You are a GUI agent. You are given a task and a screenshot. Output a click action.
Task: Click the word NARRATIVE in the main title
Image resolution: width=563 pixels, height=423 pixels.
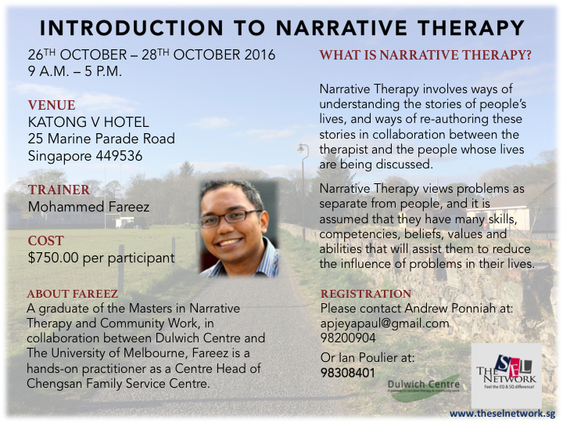pyautogui.click(x=342, y=27)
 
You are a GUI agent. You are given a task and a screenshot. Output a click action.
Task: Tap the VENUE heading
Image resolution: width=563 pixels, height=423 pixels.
pyautogui.click(x=52, y=106)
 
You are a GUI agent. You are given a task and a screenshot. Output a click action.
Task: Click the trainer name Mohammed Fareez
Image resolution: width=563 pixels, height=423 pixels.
pyautogui.click(x=88, y=207)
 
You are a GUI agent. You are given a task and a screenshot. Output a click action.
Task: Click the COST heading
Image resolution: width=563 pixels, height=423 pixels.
pyautogui.click(x=46, y=240)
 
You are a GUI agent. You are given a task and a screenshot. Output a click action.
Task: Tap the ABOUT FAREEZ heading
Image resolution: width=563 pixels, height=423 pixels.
pyautogui.click(x=73, y=294)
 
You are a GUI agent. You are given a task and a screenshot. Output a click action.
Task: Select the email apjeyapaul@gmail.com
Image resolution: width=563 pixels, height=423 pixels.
pyautogui.click(x=385, y=324)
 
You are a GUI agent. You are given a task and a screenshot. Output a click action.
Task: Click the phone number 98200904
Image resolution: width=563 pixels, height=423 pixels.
pyautogui.click(x=348, y=338)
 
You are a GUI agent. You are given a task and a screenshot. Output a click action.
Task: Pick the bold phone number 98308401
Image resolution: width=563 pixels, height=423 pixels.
pyautogui.click(x=348, y=373)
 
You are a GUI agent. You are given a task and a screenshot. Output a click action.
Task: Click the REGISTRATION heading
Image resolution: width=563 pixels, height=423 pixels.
pyautogui.click(x=366, y=294)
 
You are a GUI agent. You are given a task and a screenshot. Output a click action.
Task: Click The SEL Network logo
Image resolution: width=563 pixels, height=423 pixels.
pyautogui.click(x=506, y=375)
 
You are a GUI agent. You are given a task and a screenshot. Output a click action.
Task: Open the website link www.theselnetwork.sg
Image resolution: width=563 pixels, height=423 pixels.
pyautogui.click(x=502, y=414)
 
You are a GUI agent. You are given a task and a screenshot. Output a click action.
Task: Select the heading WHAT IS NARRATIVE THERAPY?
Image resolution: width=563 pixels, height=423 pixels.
pyautogui.click(x=425, y=55)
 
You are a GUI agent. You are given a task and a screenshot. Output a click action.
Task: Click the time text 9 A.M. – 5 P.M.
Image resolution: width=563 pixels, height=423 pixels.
pyautogui.click(x=75, y=71)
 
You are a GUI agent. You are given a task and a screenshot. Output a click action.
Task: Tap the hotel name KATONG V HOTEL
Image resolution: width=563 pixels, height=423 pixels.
pyautogui.click(x=88, y=122)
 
